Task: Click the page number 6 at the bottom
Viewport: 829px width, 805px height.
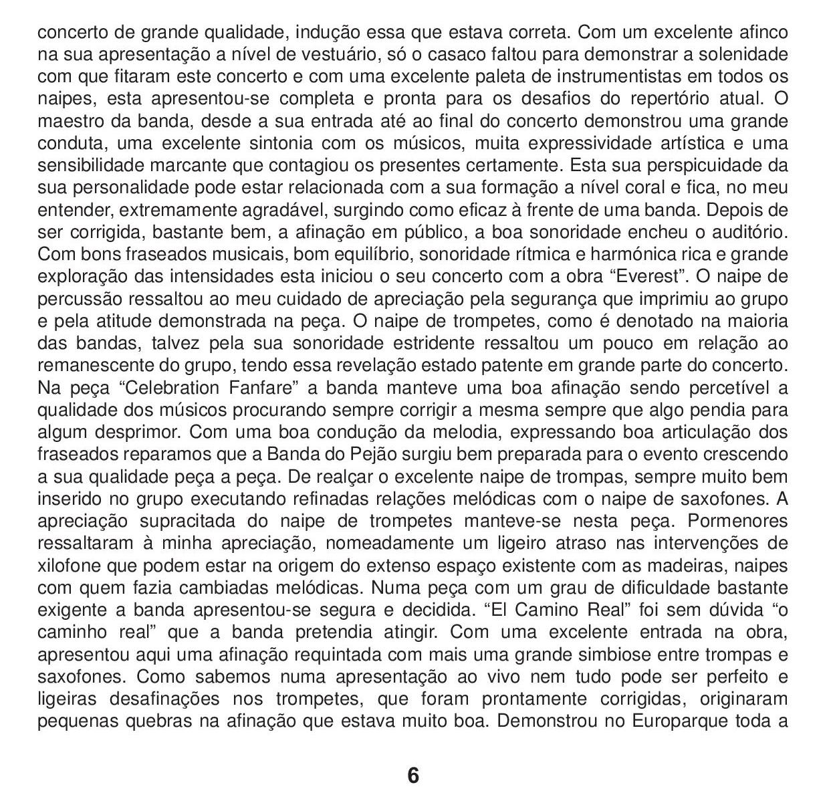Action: click(x=413, y=776)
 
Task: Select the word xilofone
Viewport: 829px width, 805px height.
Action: click(x=70, y=566)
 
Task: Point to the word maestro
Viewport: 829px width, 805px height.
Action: click(x=72, y=121)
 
